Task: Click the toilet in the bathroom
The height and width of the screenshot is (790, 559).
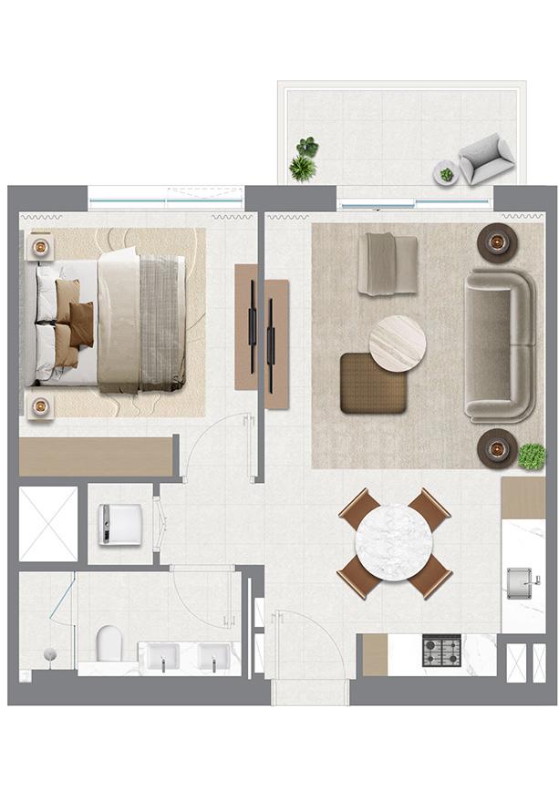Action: coord(108,641)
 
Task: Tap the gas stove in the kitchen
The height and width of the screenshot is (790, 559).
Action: coord(441,651)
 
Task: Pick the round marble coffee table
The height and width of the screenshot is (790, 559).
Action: coord(398,343)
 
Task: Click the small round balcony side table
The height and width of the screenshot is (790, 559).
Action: coord(446,173)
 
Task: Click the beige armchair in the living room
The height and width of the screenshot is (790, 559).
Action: coord(387,263)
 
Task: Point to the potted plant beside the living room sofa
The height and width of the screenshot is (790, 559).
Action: coord(532,456)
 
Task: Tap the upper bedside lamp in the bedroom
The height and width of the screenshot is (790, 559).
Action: coord(40,245)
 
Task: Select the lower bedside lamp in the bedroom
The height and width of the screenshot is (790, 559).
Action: coord(40,406)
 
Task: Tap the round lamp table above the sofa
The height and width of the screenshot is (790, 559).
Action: coord(498,242)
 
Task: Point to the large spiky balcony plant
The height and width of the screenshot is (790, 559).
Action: coord(302,168)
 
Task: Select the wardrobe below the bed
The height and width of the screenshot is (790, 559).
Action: coord(97,456)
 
